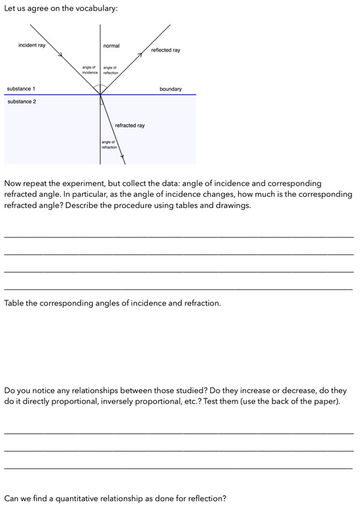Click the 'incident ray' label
[32, 45]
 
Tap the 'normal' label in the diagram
[111, 46]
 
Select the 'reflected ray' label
[165, 50]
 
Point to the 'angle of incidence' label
[90, 70]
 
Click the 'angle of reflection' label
[111, 70]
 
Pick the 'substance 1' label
[21, 88]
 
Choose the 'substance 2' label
[21, 102]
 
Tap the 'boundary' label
[170, 89]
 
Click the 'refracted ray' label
[130, 126]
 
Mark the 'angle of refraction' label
[109, 145]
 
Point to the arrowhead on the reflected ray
[138, 56]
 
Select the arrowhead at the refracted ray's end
[122, 158]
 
